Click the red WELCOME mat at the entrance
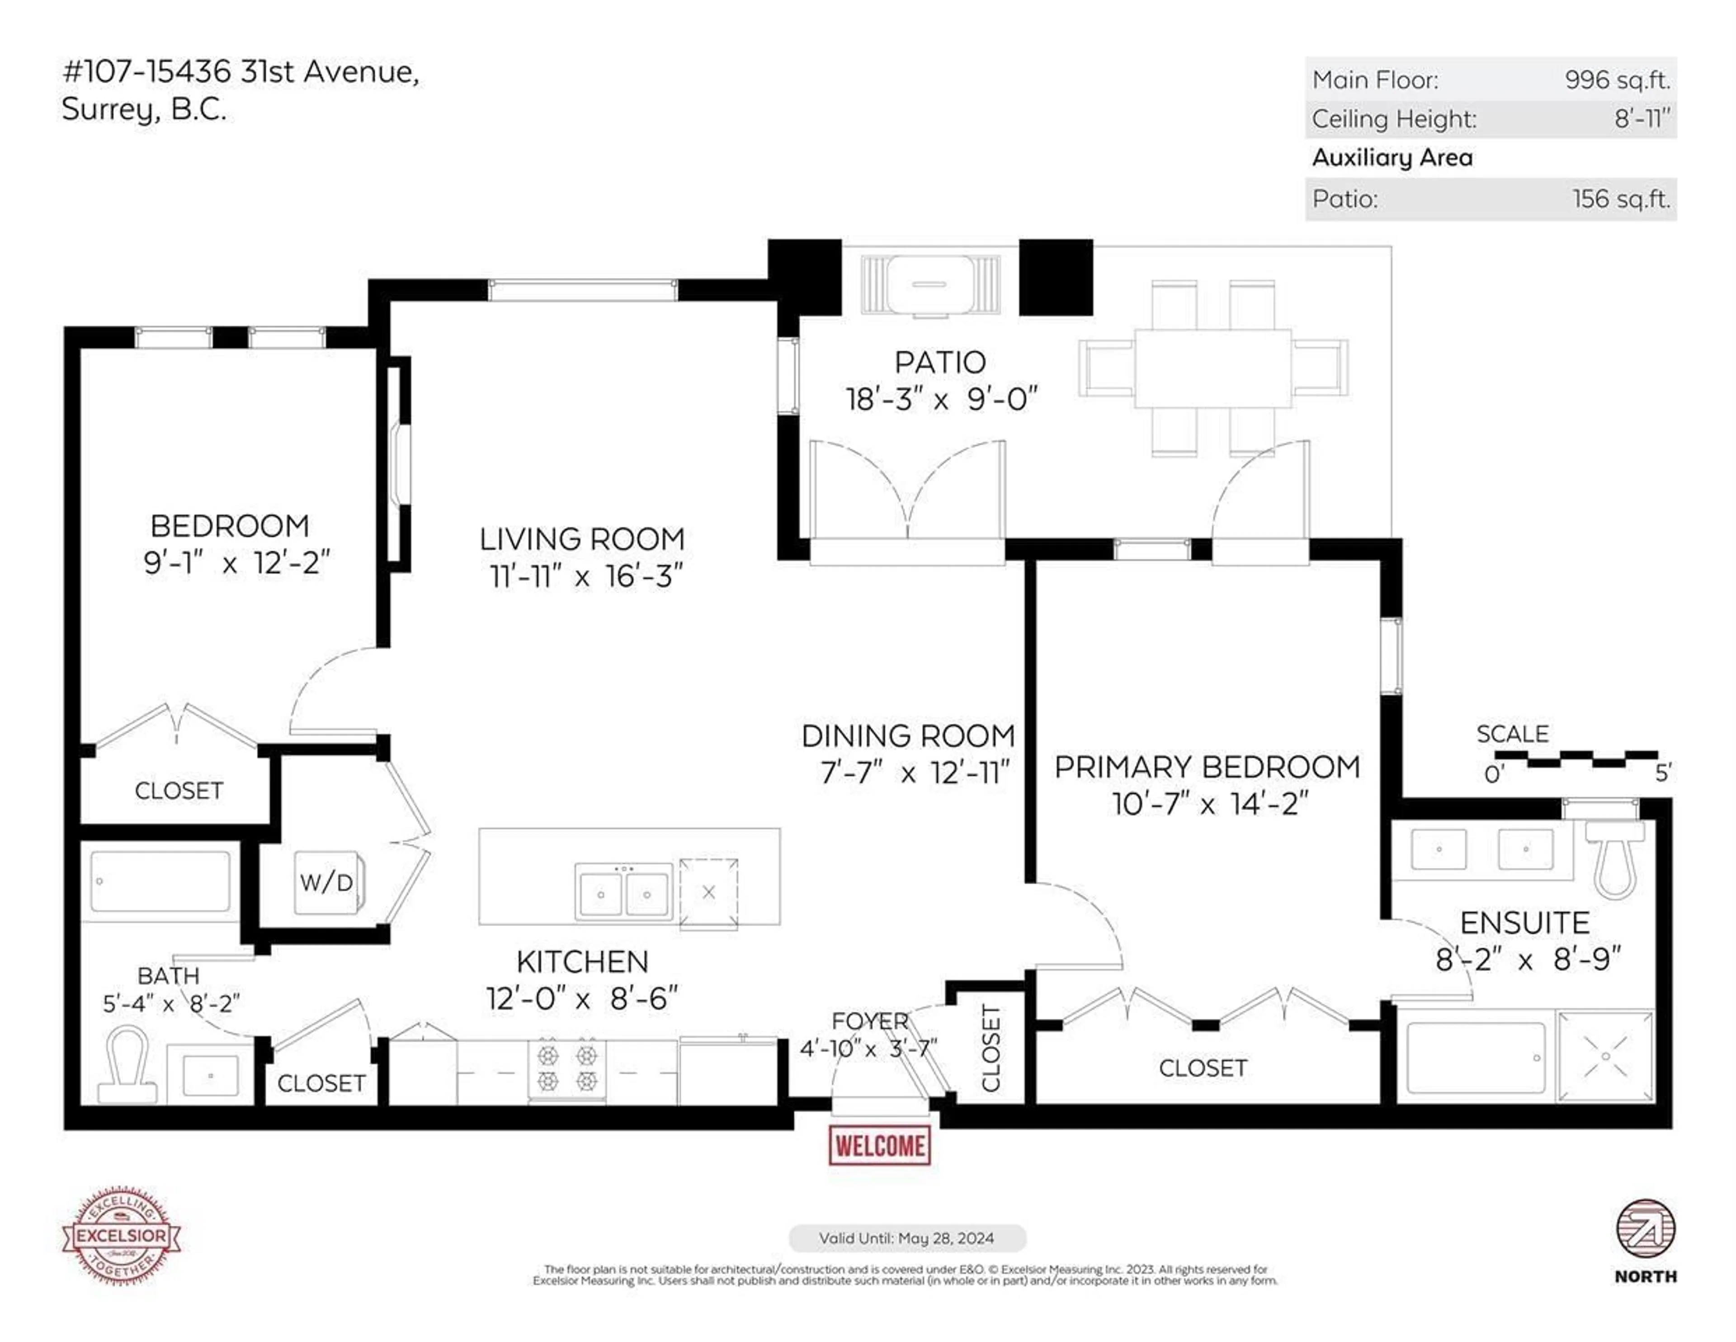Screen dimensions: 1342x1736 (x=879, y=1146)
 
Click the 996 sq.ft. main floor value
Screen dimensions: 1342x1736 (x=1617, y=80)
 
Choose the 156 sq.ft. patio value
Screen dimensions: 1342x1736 (x=1621, y=199)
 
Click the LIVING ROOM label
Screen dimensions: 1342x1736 (x=582, y=539)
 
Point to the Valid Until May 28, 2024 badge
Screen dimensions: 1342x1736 (x=907, y=1238)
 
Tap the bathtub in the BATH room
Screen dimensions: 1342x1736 (x=160, y=881)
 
